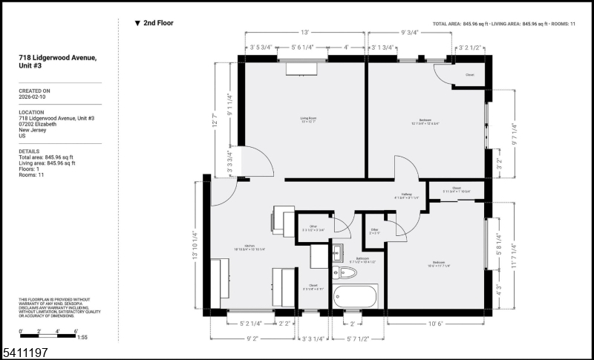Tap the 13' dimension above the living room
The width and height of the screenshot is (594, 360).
tap(304, 33)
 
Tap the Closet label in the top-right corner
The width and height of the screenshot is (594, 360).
tap(469, 75)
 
